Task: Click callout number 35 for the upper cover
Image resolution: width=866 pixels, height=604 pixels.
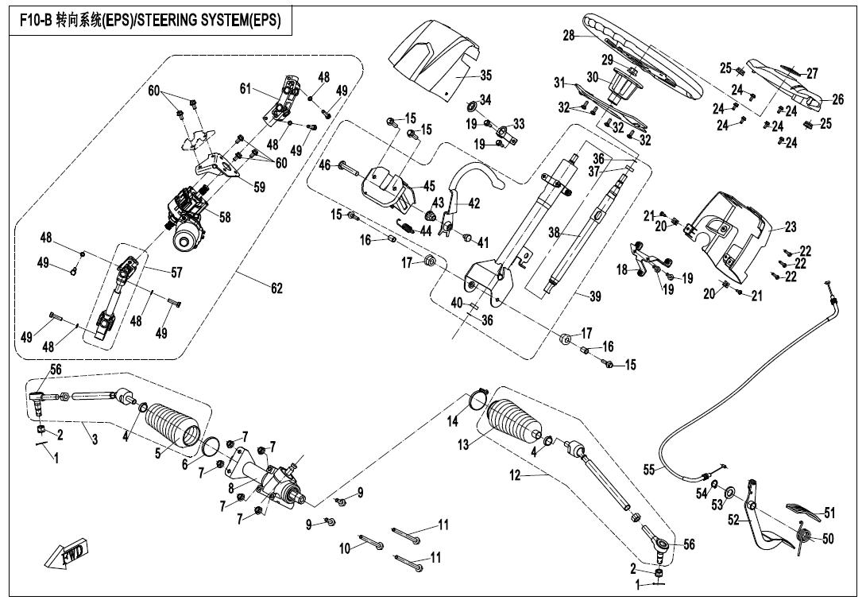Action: click(x=485, y=75)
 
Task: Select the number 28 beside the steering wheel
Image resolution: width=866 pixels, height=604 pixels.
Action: click(x=568, y=36)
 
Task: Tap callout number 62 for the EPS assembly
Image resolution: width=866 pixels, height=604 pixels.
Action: click(x=276, y=288)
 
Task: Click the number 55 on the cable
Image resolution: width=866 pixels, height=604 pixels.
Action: click(x=649, y=470)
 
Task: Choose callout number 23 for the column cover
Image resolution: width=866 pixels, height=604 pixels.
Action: click(x=790, y=227)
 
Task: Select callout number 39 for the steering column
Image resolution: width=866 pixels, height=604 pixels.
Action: click(x=595, y=296)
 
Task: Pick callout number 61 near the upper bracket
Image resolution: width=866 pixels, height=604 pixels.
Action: click(x=245, y=89)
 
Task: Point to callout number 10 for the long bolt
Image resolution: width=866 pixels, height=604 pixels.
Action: click(x=345, y=548)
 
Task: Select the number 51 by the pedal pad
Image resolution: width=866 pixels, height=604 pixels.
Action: click(x=829, y=513)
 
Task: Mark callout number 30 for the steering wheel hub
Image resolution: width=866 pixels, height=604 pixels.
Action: click(x=592, y=78)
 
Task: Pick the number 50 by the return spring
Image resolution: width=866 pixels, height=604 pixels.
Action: click(x=828, y=539)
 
